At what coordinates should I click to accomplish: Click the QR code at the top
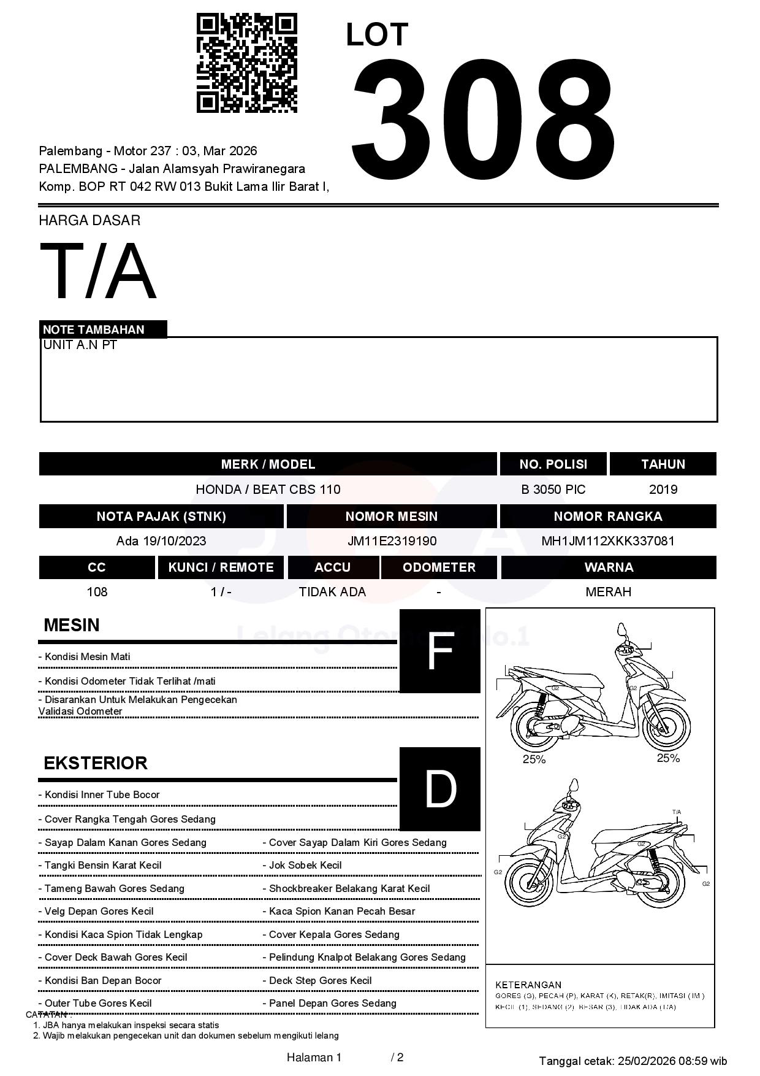click(x=246, y=63)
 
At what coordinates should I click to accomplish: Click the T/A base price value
click(x=98, y=271)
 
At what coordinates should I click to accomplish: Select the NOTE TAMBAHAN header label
click(x=94, y=329)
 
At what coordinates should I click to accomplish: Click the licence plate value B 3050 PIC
click(x=553, y=490)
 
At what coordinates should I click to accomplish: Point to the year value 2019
click(x=663, y=490)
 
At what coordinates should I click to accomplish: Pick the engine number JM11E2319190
click(x=392, y=541)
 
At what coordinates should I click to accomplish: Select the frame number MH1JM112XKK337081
click(x=607, y=541)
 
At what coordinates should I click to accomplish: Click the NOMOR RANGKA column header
click(x=607, y=517)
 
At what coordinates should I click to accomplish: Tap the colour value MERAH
click(x=608, y=592)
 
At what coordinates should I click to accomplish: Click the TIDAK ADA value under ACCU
click(x=332, y=592)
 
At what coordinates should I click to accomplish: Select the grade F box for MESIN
click(x=439, y=651)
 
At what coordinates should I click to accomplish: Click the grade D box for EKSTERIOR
click(x=439, y=789)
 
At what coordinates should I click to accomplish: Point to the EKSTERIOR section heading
click(x=96, y=763)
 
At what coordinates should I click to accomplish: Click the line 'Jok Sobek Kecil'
click(x=305, y=866)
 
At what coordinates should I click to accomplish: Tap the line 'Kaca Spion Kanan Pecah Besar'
click(x=342, y=912)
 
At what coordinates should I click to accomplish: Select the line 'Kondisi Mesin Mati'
click(x=87, y=657)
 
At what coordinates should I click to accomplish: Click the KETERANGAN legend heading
click(x=528, y=985)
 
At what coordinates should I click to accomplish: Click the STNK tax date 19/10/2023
click(x=174, y=541)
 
